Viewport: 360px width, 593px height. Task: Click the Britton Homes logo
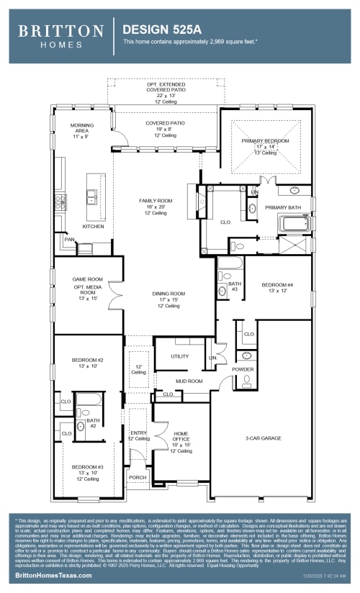60,35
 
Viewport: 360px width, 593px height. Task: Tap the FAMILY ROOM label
156,201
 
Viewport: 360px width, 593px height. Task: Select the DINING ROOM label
168,294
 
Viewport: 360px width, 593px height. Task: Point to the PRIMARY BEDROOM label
265,141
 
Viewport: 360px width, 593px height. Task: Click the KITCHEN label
93,227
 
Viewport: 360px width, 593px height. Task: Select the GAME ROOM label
88,279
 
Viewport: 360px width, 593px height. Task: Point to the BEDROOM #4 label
277,285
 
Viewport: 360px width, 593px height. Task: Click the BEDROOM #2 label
88,359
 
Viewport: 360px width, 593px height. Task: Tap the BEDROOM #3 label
87,467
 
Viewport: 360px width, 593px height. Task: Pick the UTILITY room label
180,356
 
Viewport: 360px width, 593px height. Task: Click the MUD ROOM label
189,381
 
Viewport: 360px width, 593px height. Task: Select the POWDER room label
243,369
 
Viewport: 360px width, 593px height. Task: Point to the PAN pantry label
69,239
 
